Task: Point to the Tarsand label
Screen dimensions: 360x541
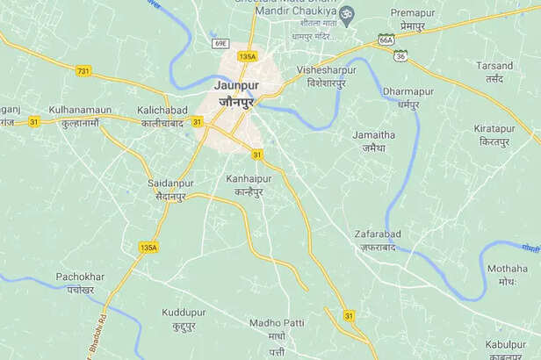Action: pyautogui.click(x=494, y=66)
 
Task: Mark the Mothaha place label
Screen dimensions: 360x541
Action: pyautogui.click(x=507, y=269)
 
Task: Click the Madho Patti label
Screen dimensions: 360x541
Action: pyautogui.click(x=277, y=323)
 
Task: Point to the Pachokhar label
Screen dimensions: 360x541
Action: pyautogui.click(x=80, y=277)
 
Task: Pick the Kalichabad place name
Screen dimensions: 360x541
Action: pyautogui.click(x=163, y=110)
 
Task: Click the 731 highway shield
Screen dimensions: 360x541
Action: pyautogui.click(x=83, y=70)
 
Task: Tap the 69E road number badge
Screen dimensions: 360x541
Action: pyautogui.click(x=220, y=43)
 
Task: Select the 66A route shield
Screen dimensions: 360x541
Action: pyautogui.click(x=386, y=40)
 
